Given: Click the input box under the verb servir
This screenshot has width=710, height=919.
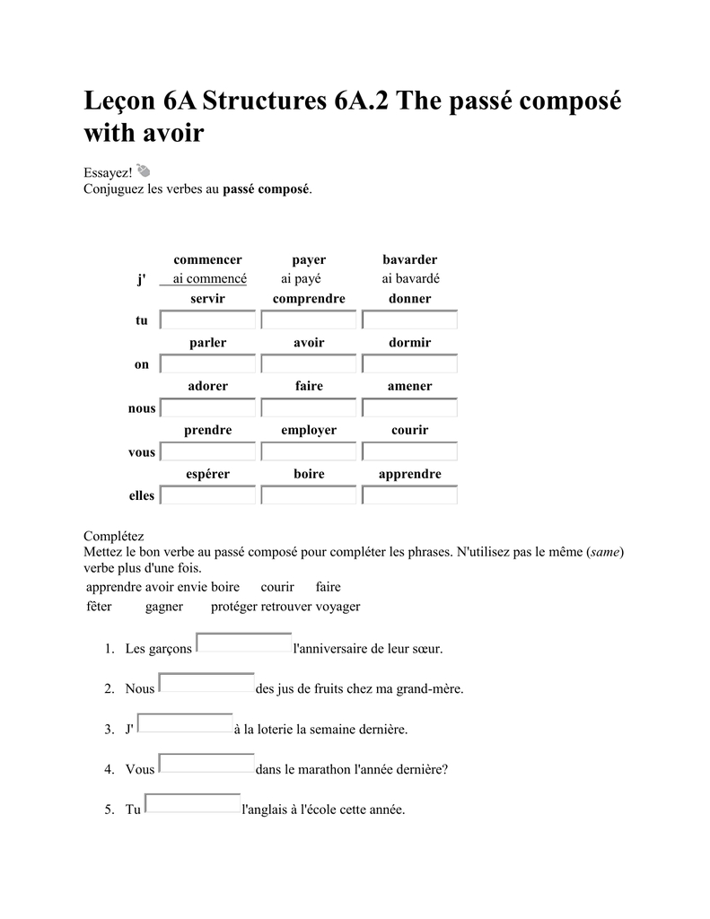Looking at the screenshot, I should (208, 320).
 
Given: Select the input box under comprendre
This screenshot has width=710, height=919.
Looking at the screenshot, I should (309, 320).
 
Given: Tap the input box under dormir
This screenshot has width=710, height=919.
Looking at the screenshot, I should (409, 364).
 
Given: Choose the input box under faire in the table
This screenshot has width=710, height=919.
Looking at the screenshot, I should (309, 408).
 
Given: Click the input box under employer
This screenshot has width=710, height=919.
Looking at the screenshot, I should (309, 451).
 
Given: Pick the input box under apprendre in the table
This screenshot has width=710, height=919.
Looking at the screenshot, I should (409, 495).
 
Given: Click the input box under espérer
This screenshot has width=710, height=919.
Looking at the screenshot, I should (208, 495).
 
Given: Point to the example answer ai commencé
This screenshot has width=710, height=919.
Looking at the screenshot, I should (209, 279).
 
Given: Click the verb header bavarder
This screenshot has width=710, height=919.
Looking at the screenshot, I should (409, 260).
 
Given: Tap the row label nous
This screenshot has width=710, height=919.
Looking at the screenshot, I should (142, 408).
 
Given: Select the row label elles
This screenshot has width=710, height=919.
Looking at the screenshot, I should (142, 495).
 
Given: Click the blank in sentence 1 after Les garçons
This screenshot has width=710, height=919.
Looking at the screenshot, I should (244, 643).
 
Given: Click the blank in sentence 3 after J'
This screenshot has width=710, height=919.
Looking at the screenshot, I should (185, 724).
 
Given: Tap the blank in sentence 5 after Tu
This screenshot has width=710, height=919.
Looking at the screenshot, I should (193, 804).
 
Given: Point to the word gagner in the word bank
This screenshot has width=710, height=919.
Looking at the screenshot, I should (163, 607).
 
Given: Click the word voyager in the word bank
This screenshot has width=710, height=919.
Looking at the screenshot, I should (337, 607).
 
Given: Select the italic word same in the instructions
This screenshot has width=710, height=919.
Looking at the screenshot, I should (605, 552).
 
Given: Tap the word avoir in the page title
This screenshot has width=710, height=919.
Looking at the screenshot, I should (173, 135).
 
